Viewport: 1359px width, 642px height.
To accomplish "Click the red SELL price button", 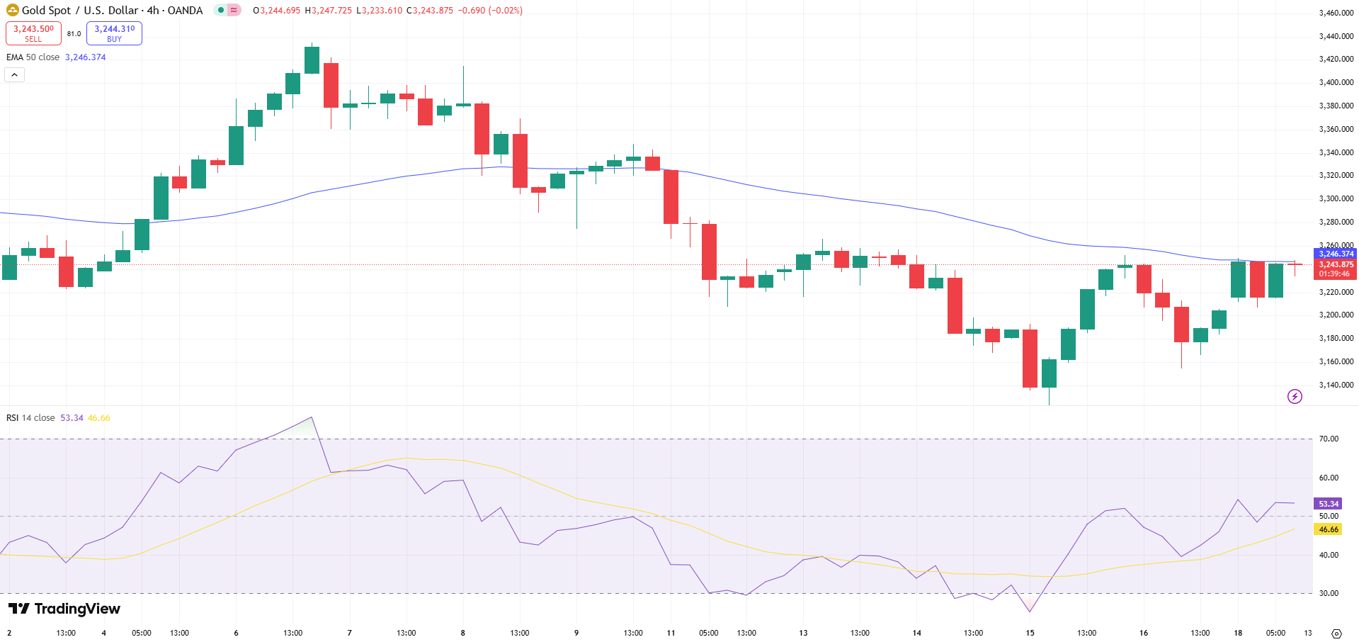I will pyautogui.click(x=33, y=33).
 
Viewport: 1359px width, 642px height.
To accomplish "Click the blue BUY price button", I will pyautogui.click(x=114, y=33).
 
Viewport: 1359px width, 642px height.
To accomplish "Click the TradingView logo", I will pyautogui.click(x=64, y=609).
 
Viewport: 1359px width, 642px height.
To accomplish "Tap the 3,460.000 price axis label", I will pyautogui.click(x=1336, y=13).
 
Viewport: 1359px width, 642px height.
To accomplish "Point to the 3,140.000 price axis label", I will pyautogui.click(x=1336, y=385).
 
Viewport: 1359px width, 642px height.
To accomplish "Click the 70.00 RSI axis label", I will pyautogui.click(x=1329, y=439).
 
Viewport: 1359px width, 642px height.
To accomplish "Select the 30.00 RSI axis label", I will pyautogui.click(x=1329, y=593).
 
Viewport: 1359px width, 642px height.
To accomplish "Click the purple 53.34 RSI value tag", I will pyautogui.click(x=1329, y=504).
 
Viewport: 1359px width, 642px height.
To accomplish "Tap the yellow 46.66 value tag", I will pyautogui.click(x=1329, y=529).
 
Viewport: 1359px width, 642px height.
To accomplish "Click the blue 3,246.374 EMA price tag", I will pyautogui.click(x=1336, y=254).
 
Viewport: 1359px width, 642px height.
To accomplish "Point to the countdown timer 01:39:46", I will pyautogui.click(x=1334, y=274).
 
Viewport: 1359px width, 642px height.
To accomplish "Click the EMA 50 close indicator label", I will pyautogui.click(x=33, y=57).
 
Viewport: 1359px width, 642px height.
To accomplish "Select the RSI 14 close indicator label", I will pyautogui.click(x=30, y=418).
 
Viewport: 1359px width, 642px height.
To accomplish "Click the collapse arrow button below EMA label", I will pyautogui.click(x=15, y=74).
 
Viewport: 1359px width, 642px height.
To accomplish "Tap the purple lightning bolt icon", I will pyautogui.click(x=1295, y=396).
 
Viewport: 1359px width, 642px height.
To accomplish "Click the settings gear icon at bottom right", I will pyautogui.click(x=1336, y=633).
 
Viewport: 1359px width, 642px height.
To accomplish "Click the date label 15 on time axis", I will pyautogui.click(x=1030, y=633).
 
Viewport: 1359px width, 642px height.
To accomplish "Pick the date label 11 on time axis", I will pyautogui.click(x=671, y=633).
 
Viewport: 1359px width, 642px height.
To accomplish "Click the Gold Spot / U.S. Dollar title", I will pyautogui.click(x=112, y=11).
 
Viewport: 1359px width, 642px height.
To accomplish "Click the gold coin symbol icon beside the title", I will pyautogui.click(x=12, y=10).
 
